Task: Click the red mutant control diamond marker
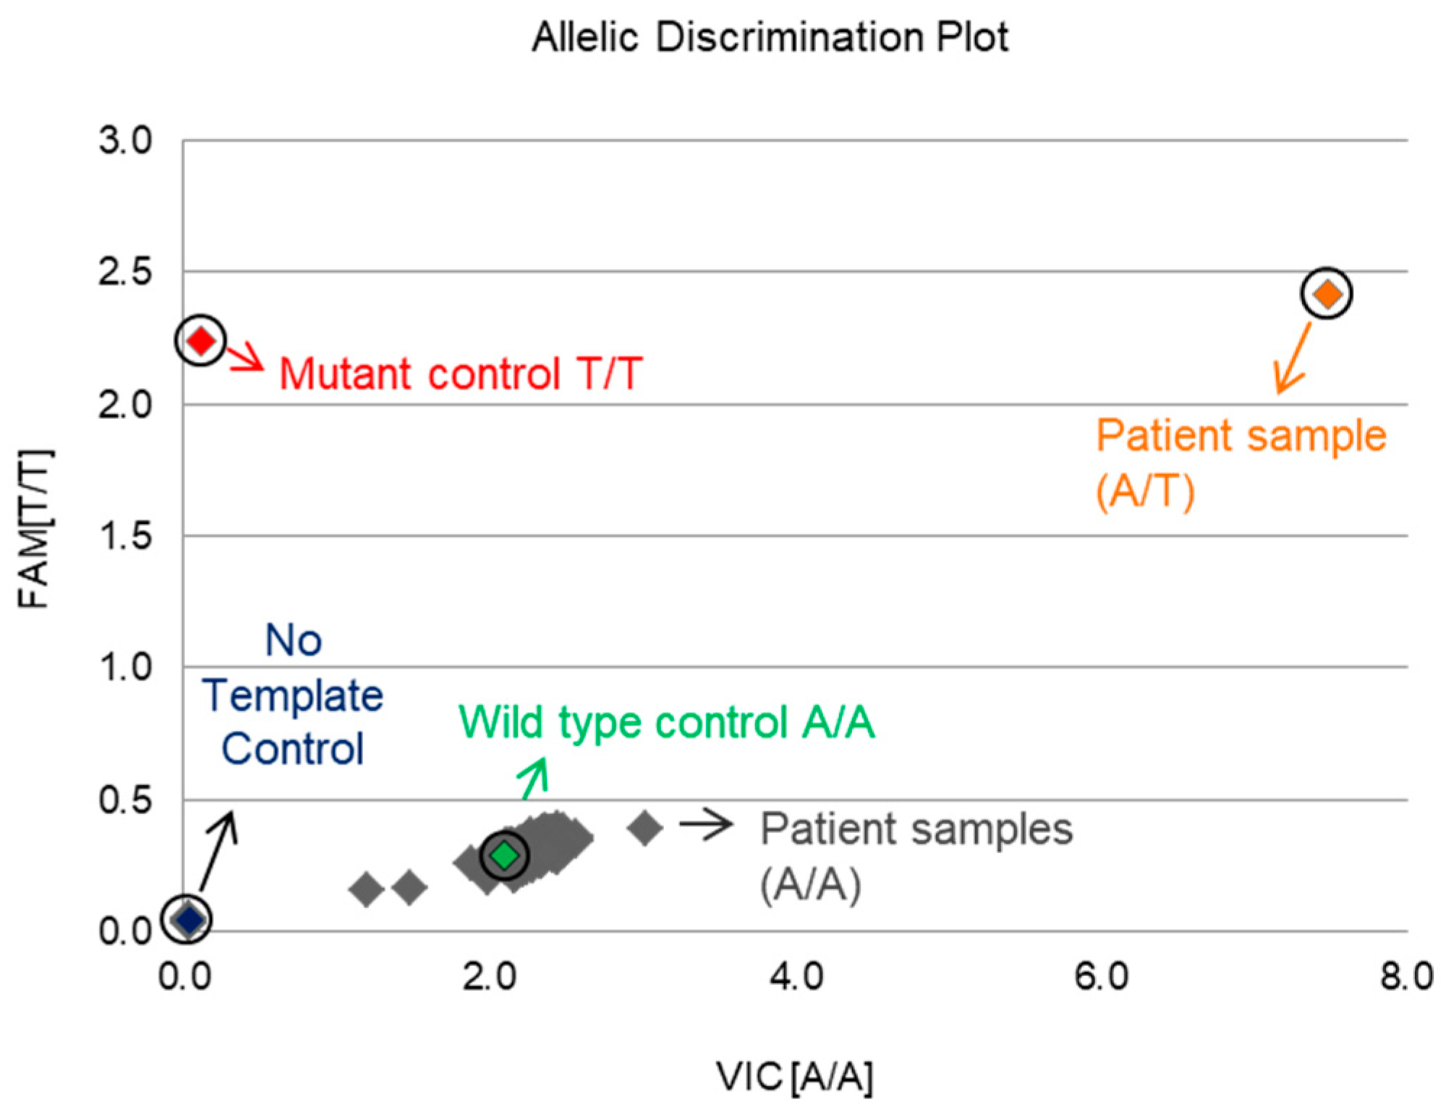click(x=201, y=340)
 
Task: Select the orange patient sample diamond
click(x=1326, y=294)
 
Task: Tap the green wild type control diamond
click(x=505, y=855)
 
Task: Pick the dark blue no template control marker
click(x=189, y=920)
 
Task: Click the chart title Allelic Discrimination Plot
click(x=770, y=38)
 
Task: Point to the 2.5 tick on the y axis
click(x=126, y=273)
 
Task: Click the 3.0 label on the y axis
click(x=126, y=140)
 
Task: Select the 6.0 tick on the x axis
click(x=1101, y=977)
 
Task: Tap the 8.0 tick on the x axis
click(x=1406, y=977)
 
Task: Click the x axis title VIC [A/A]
click(x=795, y=1077)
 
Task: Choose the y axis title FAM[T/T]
click(x=34, y=528)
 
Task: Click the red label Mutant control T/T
click(x=461, y=374)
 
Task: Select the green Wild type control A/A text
click(x=667, y=722)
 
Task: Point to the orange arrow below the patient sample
click(x=1293, y=358)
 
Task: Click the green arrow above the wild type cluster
click(x=535, y=778)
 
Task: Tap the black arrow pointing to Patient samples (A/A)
click(x=706, y=824)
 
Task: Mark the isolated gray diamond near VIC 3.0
click(x=645, y=828)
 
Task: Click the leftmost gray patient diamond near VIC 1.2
click(x=367, y=889)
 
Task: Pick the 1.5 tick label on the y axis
click(x=126, y=536)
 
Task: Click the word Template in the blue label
click(x=292, y=696)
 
